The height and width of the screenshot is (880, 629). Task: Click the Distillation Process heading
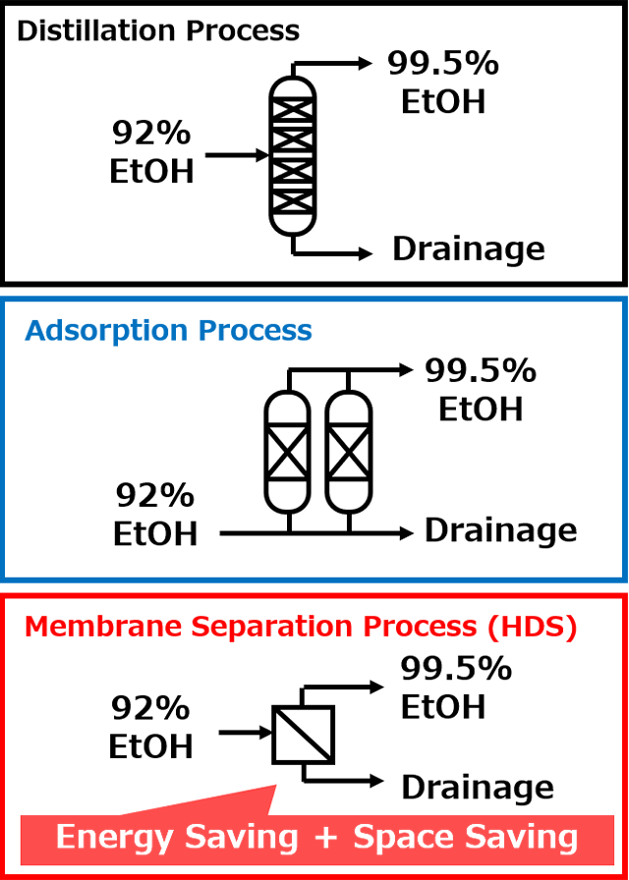tap(158, 30)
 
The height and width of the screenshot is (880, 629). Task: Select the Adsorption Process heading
tap(168, 331)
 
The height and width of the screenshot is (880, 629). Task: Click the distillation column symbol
tap(293, 155)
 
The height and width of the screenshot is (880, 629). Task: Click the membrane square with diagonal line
tap(304, 734)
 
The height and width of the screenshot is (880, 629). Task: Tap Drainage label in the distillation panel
tap(469, 248)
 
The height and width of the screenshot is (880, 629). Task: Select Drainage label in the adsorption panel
tap(500, 530)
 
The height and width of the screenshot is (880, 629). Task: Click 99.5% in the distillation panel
tap(442, 65)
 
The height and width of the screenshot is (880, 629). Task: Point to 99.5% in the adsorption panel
tap(481, 371)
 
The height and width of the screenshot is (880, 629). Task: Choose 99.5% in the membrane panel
tap(455, 669)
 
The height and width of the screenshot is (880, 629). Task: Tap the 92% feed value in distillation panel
tap(151, 134)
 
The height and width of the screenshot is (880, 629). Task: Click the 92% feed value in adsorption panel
tap(155, 496)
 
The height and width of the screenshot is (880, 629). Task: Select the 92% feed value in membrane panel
tap(150, 709)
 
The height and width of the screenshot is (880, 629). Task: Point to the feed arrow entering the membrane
tap(246, 733)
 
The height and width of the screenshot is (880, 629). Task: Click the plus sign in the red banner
tap(325, 839)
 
